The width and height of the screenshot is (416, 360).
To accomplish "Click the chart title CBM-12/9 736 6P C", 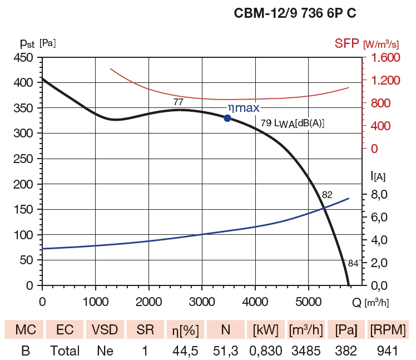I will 295,13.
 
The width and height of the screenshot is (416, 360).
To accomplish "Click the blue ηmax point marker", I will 227,118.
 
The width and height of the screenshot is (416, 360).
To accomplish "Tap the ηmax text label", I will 243,108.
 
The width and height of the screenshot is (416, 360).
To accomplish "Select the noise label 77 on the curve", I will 178,102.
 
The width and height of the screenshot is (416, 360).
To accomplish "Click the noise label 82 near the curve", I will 327,194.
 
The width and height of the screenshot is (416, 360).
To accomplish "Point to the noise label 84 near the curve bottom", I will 353,263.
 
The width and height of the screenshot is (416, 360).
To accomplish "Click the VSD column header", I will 105,330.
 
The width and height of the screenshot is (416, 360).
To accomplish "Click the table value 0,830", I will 266,351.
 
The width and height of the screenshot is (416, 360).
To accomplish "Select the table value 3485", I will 306,351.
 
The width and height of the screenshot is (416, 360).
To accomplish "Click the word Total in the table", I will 65,351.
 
